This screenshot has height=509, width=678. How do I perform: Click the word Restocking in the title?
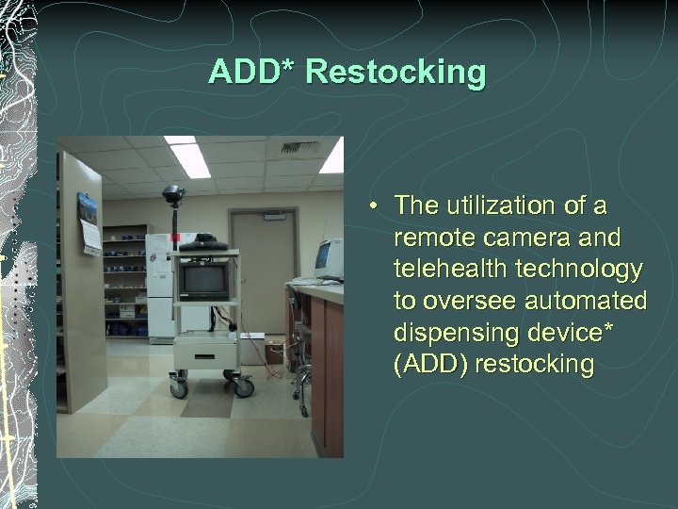coord(396,73)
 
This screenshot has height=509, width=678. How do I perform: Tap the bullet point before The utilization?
coord(374,205)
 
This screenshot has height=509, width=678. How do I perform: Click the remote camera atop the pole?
coord(172,195)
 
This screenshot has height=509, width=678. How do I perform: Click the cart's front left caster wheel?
coord(178,388)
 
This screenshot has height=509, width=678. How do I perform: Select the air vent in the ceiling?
coord(299,147)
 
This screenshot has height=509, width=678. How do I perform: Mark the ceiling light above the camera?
coord(189,158)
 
